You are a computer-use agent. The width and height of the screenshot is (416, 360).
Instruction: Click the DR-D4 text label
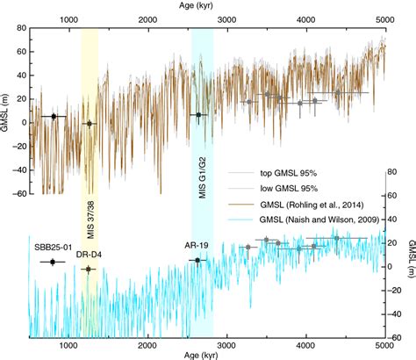[86, 256]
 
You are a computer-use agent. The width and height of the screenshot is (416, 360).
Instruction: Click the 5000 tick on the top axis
[384, 18]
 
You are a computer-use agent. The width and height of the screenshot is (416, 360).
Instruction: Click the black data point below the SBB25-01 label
[53, 262]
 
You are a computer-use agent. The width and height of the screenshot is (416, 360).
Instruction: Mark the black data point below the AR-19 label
[197, 260]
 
